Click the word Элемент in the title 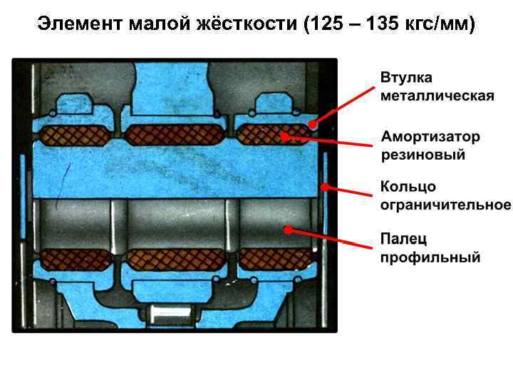[80, 24]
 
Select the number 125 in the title [327, 24]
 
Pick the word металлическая [437, 96]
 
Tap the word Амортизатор [430, 136]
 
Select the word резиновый [423, 154]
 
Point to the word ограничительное [445, 205]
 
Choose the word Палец [403, 238]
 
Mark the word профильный [430, 257]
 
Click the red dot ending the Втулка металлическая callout [313, 124]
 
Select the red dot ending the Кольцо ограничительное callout [324, 188]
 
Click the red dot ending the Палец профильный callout [288, 230]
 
